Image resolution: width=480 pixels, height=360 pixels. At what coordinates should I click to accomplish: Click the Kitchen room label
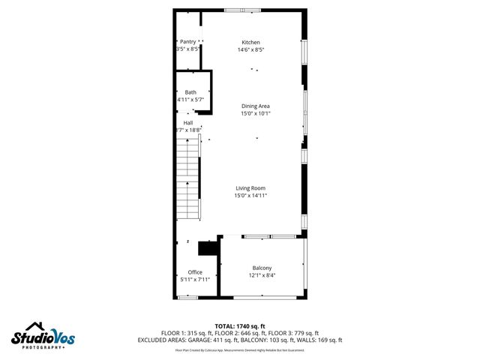(x=250, y=41)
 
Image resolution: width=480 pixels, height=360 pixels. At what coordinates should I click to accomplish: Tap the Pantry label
(x=187, y=41)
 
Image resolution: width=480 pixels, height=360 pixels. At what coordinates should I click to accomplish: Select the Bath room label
(x=190, y=91)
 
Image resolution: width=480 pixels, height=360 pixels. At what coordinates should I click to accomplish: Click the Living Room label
(x=250, y=187)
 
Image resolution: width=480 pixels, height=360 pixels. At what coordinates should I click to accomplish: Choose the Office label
(x=195, y=271)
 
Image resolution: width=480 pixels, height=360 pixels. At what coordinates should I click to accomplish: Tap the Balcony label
(x=262, y=268)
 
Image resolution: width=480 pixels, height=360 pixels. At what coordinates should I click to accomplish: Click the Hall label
(x=188, y=122)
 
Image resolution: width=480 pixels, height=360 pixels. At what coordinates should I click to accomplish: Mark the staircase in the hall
(x=189, y=180)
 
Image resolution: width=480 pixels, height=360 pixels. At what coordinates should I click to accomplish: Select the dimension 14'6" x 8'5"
(x=250, y=49)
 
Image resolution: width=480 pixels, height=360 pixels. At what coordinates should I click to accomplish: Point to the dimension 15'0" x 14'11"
(x=250, y=196)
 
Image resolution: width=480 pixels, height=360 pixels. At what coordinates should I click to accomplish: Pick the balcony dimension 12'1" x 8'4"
(x=262, y=276)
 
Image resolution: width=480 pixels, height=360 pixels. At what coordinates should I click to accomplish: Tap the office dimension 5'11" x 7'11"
(x=195, y=280)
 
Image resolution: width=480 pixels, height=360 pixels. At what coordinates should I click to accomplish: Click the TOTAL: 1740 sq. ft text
(x=240, y=325)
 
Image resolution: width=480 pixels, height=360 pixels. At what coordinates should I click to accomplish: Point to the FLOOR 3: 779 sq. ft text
(x=294, y=332)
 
